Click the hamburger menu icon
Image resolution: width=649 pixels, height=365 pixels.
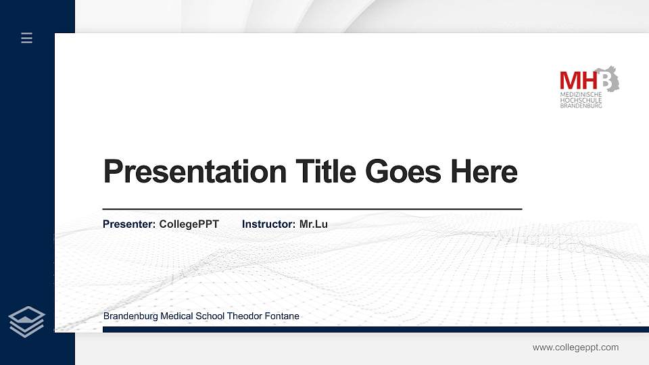[27, 38]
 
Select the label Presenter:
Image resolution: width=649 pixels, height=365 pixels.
[129, 224]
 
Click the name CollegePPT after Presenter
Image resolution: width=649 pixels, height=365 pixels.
[189, 224]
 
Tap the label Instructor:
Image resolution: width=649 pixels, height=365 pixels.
[268, 224]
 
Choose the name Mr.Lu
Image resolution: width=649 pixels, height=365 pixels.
[313, 224]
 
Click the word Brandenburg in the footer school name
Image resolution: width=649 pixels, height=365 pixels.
[130, 316]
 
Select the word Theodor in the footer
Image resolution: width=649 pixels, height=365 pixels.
[243, 316]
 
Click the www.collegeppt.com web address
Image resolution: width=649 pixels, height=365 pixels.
[575, 347]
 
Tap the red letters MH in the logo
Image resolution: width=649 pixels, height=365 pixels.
[578, 80]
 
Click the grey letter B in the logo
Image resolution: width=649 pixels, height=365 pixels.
[606, 80]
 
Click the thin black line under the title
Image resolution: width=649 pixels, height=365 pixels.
[312, 210]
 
